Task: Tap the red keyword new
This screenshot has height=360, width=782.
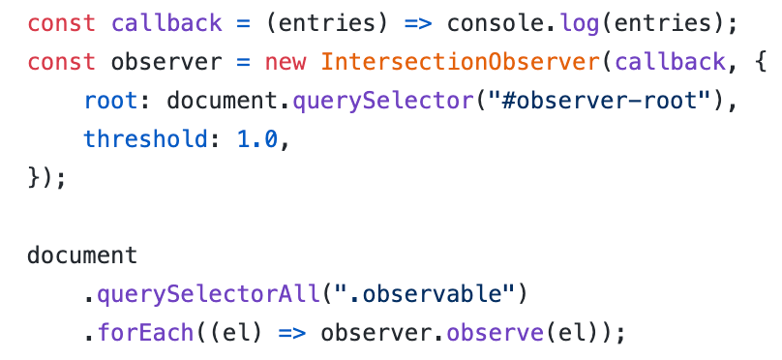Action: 286,63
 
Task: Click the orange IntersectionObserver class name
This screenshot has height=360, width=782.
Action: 460,62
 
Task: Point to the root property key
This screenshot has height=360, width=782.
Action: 110,102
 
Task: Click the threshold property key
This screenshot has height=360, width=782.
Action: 145,140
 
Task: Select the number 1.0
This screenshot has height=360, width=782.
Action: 257,140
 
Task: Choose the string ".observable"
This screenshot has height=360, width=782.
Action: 425,295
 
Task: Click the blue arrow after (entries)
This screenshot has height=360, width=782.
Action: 418,24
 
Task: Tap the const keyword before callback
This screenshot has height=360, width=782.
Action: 61,24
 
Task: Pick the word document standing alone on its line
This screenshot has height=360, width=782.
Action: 82,255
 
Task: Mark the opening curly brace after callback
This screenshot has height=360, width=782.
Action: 761,63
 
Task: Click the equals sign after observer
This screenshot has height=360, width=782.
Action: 243,63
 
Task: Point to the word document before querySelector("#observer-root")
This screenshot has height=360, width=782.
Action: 222,102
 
